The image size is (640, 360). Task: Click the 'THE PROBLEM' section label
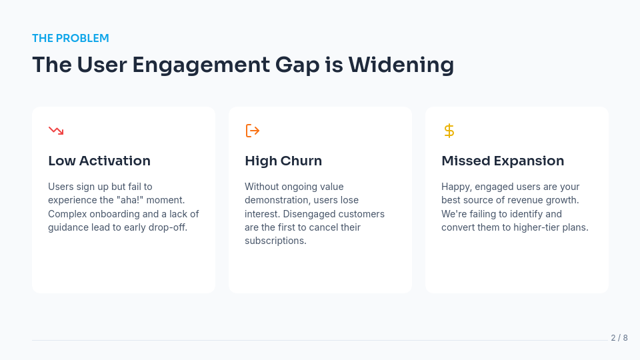point(71,38)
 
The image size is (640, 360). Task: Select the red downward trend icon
point(56,131)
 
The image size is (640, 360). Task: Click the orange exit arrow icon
point(253,131)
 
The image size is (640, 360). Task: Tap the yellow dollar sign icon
point(449,131)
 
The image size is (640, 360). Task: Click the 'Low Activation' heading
point(99,161)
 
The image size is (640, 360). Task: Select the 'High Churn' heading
point(283,161)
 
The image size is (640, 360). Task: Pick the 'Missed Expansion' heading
point(503,161)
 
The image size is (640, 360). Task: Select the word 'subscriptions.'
point(275,241)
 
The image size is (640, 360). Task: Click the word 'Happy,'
point(457,187)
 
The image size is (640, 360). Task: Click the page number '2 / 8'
point(619,338)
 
